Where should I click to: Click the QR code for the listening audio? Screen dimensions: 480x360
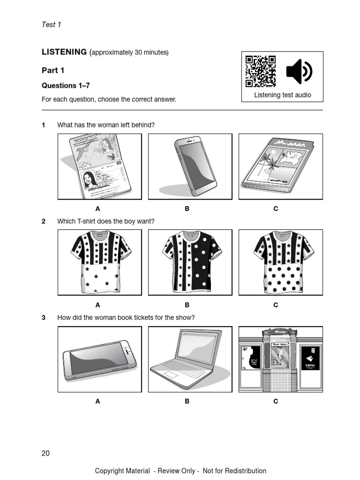[261, 71]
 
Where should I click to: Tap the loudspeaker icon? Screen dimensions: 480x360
[299, 71]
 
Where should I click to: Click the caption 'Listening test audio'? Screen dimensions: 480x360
[282, 95]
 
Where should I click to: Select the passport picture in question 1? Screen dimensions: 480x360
[99, 166]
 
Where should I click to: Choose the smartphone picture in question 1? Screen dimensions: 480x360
[190, 166]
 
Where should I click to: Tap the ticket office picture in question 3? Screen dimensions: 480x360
[280, 359]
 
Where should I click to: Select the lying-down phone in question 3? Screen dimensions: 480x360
[99, 359]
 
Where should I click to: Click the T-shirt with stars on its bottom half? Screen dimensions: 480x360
[99, 262]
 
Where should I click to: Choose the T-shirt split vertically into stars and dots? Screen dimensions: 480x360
[190, 262]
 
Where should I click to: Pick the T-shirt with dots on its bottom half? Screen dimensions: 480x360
[280, 262]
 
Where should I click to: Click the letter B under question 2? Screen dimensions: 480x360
[187, 305]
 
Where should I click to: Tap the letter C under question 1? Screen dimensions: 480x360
[276, 209]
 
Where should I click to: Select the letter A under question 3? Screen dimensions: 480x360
[97, 401]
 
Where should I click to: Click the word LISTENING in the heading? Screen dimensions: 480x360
[64, 52]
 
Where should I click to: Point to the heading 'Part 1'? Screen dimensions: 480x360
[53, 70]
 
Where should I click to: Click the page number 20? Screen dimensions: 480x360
[45, 453]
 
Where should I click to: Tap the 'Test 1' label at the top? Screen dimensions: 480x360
[52, 24]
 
